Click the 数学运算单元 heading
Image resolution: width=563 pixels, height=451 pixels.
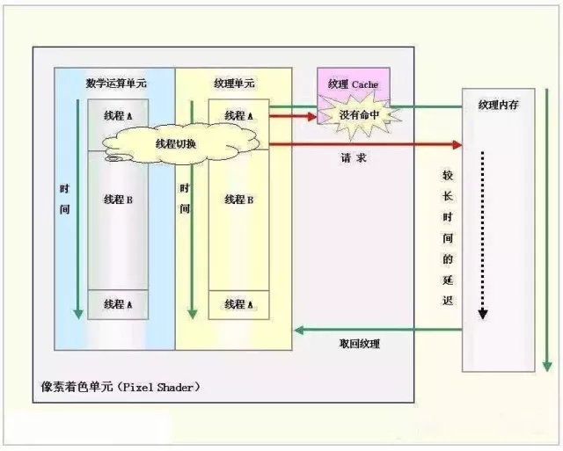pos(115,84)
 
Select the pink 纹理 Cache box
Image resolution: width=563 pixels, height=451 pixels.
pos(353,84)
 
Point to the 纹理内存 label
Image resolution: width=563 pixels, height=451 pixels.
pos(499,105)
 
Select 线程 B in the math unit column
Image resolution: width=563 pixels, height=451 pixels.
pos(118,200)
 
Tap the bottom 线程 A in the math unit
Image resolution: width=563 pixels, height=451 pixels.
pos(118,304)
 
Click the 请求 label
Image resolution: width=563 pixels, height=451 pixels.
pos(357,160)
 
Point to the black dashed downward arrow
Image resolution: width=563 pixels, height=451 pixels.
pos(481,237)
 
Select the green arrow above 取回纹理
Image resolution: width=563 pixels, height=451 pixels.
pos(378,330)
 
